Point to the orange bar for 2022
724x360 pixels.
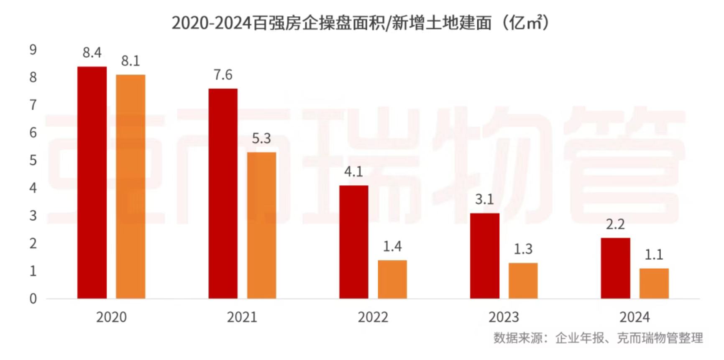(x=392, y=279)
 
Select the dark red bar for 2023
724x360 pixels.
(x=485, y=255)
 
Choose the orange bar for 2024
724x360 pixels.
(x=654, y=283)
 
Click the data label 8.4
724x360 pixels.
(x=92, y=53)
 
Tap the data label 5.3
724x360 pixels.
(x=261, y=138)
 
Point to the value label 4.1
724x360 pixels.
(x=354, y=171)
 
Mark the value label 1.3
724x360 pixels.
(x=523, y=249)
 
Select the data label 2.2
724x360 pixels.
(x=615, y=225)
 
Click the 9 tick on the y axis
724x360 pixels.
(x=33, y=50)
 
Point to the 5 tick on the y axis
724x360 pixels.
(x=33, y=161)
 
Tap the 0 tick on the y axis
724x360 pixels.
(x=33, y=299)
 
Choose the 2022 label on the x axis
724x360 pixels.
(x=373, y=317)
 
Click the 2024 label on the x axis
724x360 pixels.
(x=634, y=317)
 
